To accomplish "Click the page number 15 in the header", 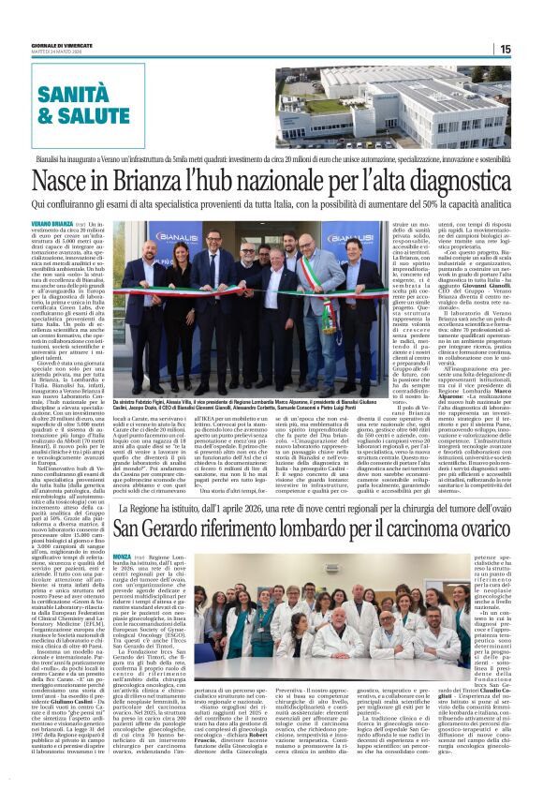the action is (530, 49).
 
